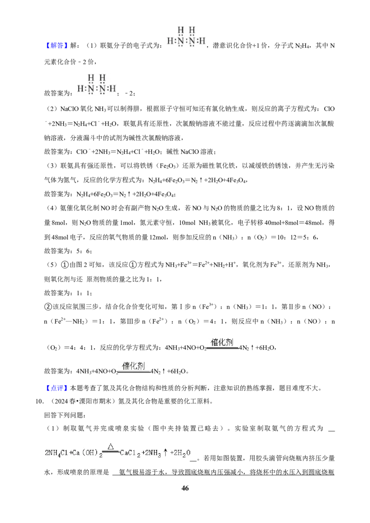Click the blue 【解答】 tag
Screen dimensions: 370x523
pos(56,45)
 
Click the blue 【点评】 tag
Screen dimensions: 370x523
pos(56,388)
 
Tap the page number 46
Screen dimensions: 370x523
pos(185,488)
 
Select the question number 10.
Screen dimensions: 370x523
pos(39,401)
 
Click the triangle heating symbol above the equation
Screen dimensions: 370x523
pos(111,447)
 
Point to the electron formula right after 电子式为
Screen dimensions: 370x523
pos(186,36)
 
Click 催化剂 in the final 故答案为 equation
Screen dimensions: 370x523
pos(134,366)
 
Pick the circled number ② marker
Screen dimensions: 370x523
pos(48,307)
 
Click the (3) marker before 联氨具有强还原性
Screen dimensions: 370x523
pos(52,166)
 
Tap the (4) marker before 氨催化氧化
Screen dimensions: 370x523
pos(52,208)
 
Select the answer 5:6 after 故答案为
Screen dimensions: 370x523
pos(84,251)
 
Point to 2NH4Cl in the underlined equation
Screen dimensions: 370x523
pos(56,453)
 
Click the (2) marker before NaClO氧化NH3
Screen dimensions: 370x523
pos(52,109)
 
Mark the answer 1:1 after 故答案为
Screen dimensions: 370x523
pos(84,293)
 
